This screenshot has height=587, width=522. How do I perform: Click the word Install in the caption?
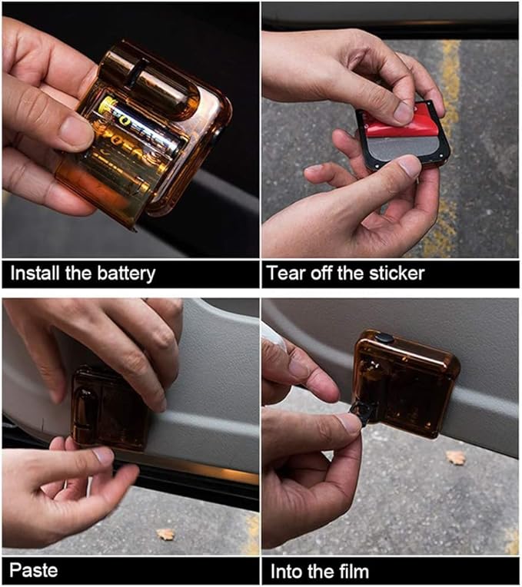click(x=33, y=273)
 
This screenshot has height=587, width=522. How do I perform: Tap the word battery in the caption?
click(x=125, y=273)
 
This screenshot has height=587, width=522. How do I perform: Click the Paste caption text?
click(x=33, y=571)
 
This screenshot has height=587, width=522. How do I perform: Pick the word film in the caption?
click(x=351, y=571)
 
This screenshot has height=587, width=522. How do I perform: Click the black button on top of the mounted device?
click(x=384, y=338)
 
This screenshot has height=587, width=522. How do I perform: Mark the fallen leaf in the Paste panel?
click(x=165, y=533)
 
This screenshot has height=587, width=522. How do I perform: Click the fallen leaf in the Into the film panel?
click(x=456, y=458)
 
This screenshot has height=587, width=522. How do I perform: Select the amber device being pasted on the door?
click(x=111, y=407)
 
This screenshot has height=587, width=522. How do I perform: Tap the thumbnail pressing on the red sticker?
click(x=404, y=112)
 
